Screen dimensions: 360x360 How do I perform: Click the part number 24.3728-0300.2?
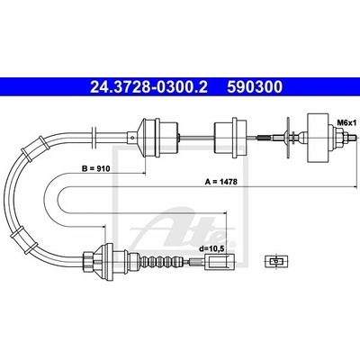click(x=148, y=87)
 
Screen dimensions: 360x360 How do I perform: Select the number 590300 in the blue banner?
click(x=255, y=87)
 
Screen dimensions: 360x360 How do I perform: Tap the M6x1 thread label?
click(x=346, y=122)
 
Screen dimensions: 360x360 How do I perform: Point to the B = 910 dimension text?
click(x=96, y=169)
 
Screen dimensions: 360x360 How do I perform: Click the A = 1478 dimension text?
click(x=221, y=182)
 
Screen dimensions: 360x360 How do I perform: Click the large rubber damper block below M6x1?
click(x=318, y=139)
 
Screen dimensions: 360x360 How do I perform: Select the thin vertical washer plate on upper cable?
click(x=288, y=138)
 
